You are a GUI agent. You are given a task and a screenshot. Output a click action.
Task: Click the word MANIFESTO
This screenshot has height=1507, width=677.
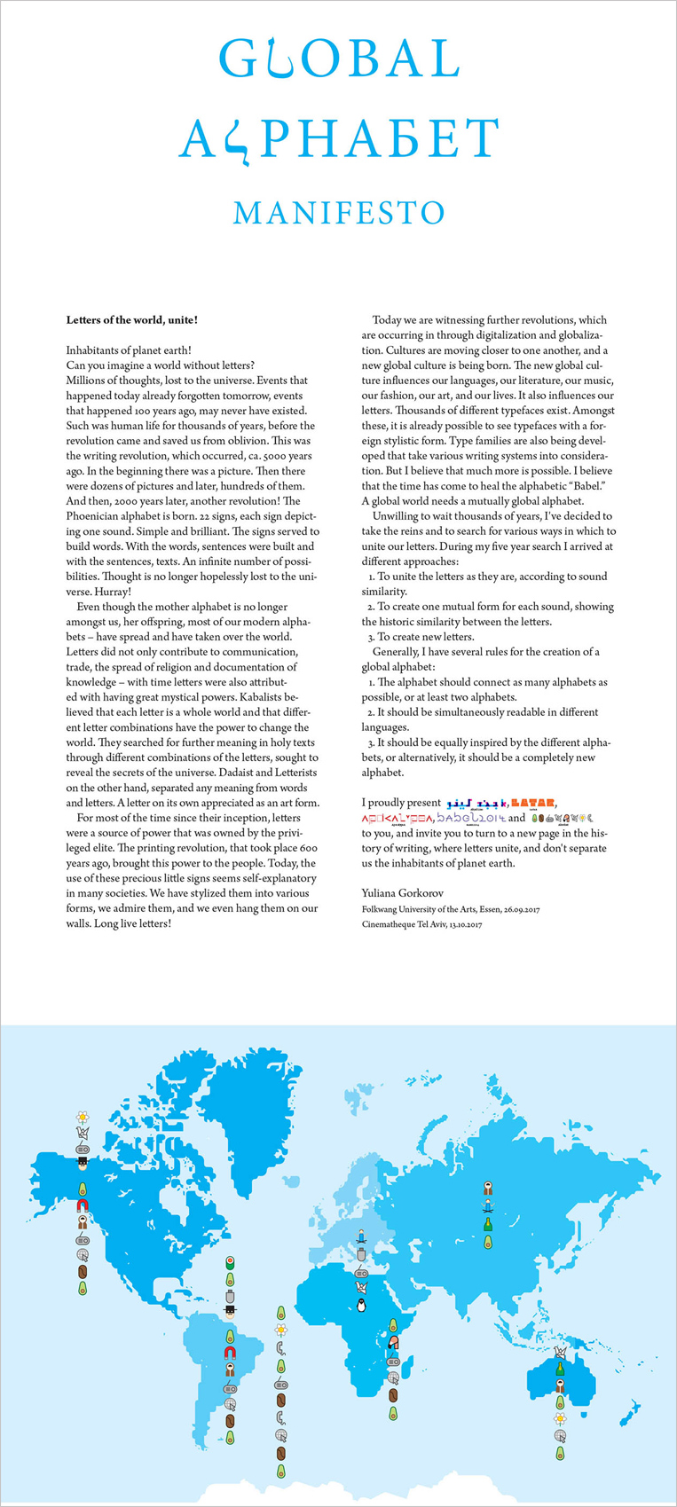338,213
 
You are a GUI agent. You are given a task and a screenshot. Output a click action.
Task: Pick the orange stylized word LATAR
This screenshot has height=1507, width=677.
533,804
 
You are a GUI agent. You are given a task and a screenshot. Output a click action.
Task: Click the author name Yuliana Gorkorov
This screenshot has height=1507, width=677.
402,892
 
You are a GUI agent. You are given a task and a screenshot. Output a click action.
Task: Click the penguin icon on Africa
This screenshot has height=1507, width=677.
361,1305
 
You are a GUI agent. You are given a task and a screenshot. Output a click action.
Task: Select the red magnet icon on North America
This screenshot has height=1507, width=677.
82,1205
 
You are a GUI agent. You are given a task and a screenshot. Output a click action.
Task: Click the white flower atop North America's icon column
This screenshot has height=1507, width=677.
82,1116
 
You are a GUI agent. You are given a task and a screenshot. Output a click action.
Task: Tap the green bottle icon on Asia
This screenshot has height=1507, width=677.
487,1224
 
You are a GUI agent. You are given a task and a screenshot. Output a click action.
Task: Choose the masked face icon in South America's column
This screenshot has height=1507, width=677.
230,1310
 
